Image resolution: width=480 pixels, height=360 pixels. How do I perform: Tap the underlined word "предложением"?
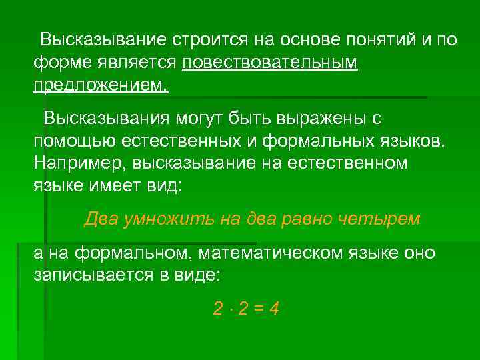pyautogui.click(x=99, y=85)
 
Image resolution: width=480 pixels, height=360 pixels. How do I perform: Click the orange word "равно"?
pyautogui.click(x=309, y=219)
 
